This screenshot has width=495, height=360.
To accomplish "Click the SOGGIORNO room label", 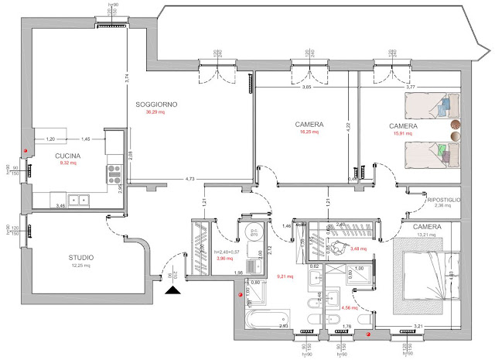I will coord(157,104).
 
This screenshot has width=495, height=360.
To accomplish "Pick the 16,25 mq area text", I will coord(309,132).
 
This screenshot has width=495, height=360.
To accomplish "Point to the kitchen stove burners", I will coord(115,167).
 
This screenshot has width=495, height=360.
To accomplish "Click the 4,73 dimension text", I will coord(190,180).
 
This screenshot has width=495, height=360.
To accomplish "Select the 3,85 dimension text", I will coord(306,87).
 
